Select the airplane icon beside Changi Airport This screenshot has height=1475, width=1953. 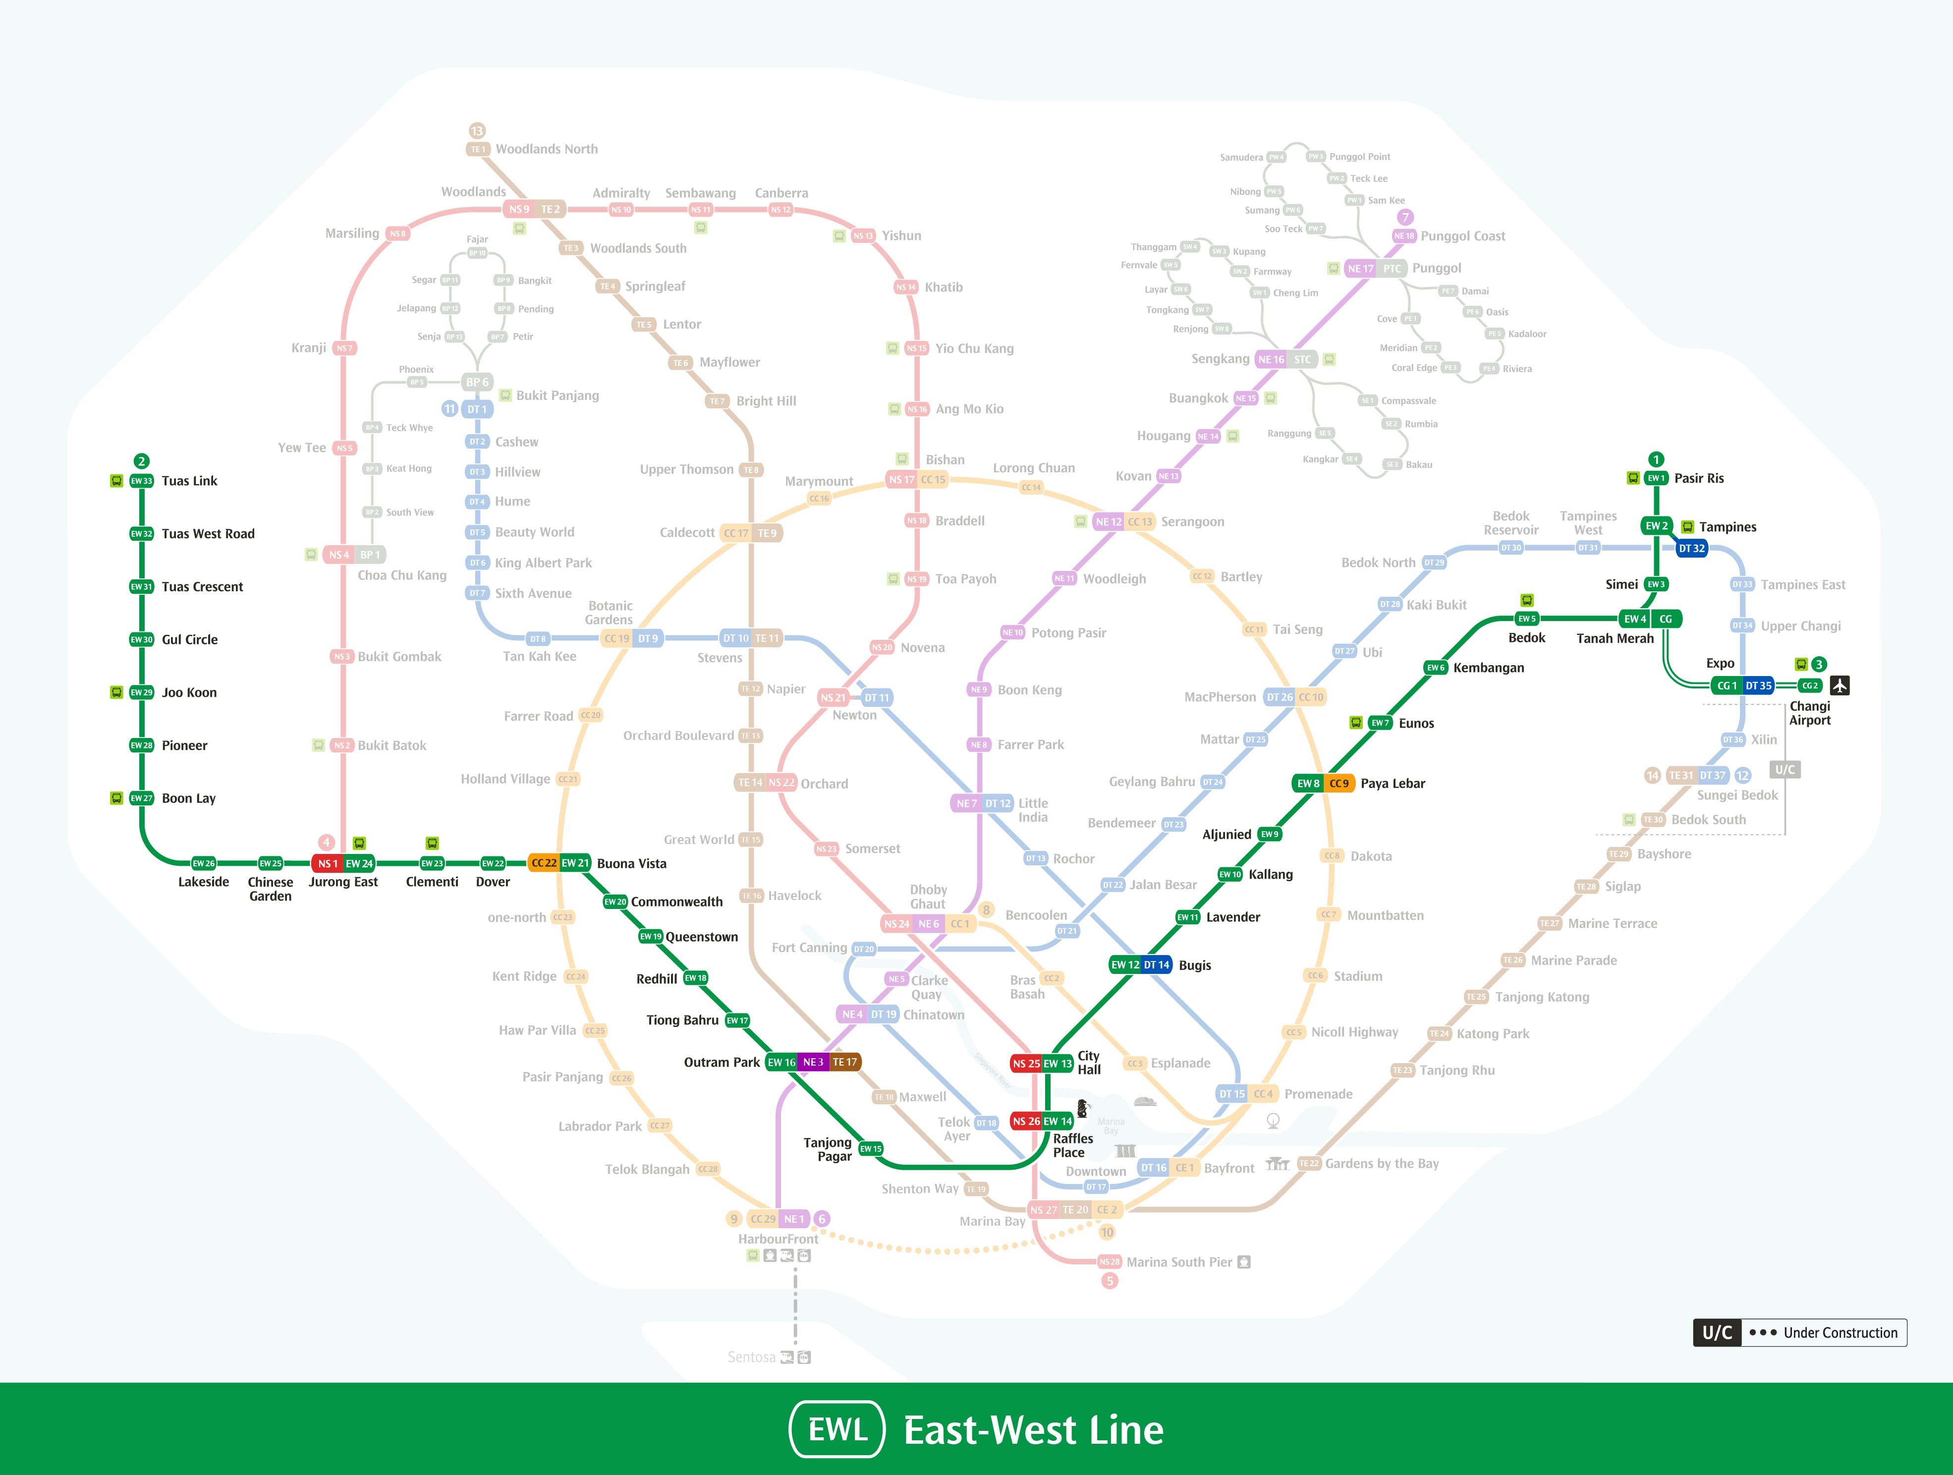[1839, 685]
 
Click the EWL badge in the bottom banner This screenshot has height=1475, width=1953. [837, 1429]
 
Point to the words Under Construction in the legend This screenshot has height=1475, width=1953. [1840, 1333]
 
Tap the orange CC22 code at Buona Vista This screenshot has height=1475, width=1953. [544, 863]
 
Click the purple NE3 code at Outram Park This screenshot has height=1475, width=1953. [813, 1063]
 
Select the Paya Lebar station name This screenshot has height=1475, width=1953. [1393, 784]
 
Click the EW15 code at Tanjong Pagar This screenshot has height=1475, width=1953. [871, 1149]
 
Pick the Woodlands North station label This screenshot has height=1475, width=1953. [547, 149]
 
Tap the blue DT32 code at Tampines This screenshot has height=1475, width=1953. [1692, 549]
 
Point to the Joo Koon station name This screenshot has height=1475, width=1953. [189, 692]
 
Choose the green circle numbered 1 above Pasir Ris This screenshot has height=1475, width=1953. [1656, 459]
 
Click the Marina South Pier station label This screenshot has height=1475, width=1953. [1178, 1262]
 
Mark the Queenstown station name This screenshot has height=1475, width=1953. [702, 937]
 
